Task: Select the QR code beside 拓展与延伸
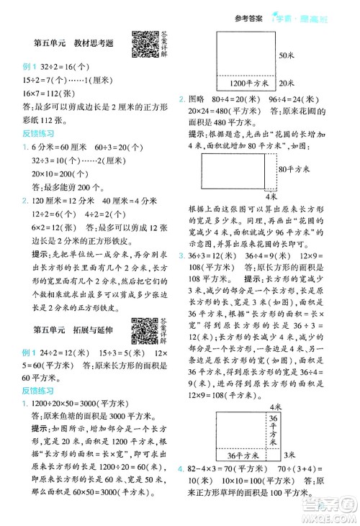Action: (145, 311)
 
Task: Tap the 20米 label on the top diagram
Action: (286, 82)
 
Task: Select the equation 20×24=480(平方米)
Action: (222, 112)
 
